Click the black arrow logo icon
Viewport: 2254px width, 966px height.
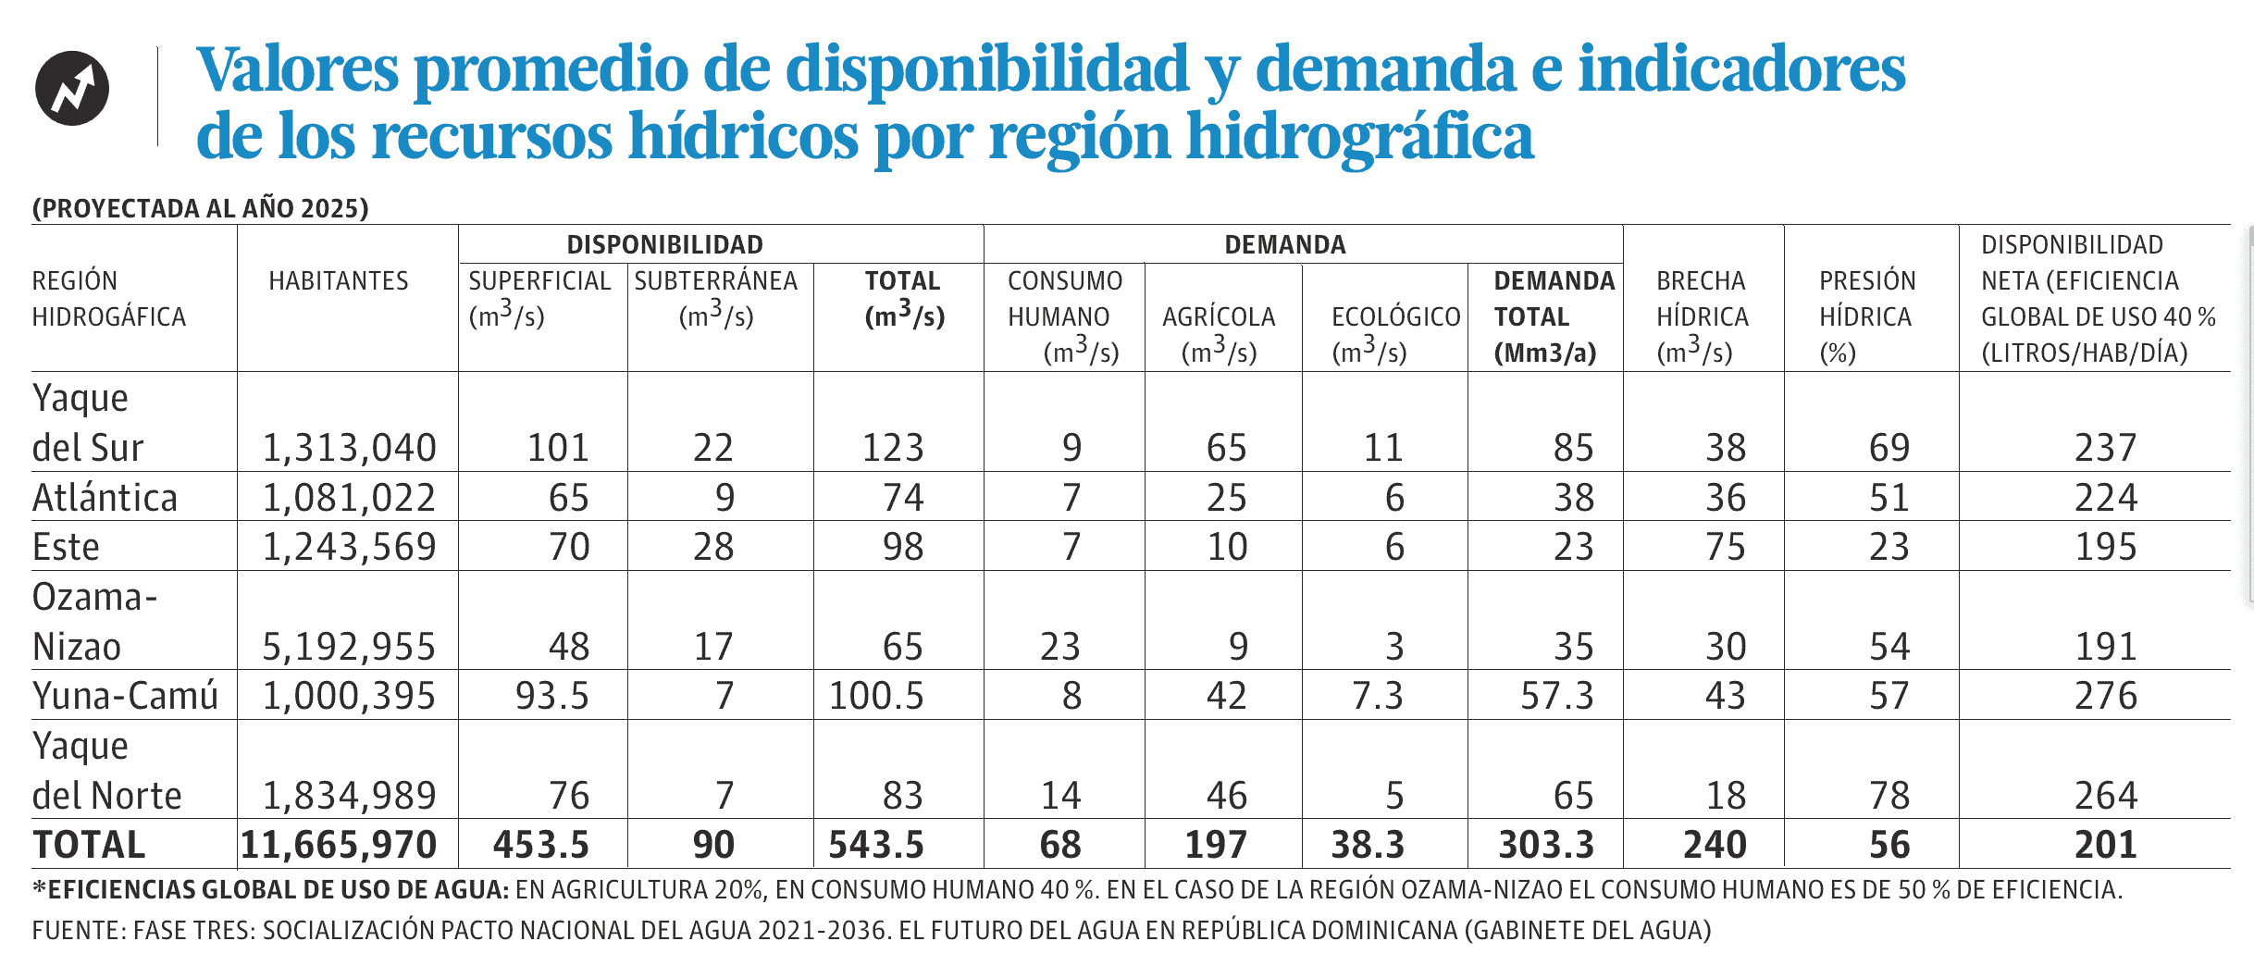point(72,89)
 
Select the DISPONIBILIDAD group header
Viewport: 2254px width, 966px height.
point(664,244)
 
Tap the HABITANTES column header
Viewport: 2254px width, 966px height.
point(339,280)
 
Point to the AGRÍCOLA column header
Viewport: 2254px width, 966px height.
point(1219,317)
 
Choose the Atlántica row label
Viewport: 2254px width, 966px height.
point(105,498)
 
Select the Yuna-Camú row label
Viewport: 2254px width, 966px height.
point(125,696)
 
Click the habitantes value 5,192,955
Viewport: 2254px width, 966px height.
point(349,647)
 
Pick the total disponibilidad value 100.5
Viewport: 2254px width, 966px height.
point(876,696)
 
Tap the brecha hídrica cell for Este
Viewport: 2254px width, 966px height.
point(1726,547)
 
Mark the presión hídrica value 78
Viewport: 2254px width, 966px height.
point(1889,796)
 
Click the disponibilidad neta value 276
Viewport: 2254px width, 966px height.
point(2105,696)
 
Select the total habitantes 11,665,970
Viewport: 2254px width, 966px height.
point(339,845)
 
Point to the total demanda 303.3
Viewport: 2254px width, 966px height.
point(1546,845)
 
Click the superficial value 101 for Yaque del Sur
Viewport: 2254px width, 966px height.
point(558,448)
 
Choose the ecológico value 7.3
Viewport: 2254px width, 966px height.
point(1377,696)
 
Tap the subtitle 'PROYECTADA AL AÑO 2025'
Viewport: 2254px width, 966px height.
point(200,208)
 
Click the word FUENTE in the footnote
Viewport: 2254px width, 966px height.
point(76,930)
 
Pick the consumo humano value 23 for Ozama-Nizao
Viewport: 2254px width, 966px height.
point(1059,647)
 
